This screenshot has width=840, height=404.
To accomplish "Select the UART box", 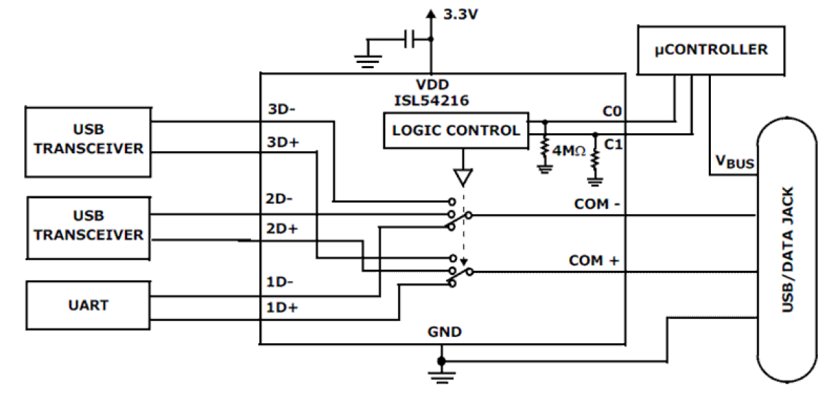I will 88,305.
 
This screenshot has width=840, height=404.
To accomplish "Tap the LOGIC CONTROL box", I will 455,130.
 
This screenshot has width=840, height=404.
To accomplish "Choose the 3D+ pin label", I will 282,142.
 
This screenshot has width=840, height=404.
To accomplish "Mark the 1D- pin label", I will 280,282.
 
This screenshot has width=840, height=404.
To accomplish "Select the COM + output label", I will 594,260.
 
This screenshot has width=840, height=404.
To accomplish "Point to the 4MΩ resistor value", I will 570,152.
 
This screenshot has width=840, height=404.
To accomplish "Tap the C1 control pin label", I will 613,144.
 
